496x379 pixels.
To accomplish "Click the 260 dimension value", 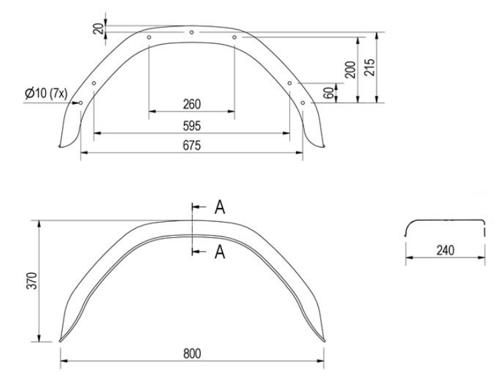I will pos(191,104).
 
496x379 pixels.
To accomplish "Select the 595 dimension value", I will pos(191,125).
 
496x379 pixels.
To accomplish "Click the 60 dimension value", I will pos(329,93).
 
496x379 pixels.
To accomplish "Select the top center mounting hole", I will pos(191,31).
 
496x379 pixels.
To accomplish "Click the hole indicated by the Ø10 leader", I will pos(81,103).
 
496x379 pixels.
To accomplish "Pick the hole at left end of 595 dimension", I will pos(94,83).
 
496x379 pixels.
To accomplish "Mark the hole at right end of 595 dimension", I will pos(289,83).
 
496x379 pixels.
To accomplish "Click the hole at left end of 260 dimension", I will pos(149,37).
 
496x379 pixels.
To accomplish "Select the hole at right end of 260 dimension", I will pos(235,37).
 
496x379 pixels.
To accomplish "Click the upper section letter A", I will pos(219,207).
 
